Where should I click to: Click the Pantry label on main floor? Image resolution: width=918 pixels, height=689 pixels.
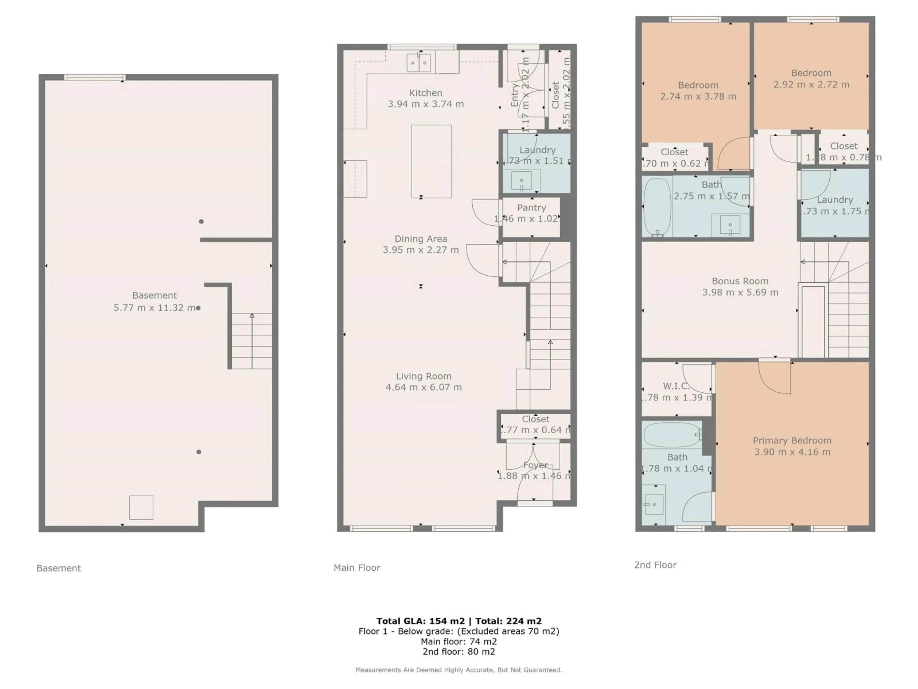pyautogui.click(x=531, y=208)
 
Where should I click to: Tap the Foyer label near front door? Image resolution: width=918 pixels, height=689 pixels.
pyautogui.click(x=535, y=465)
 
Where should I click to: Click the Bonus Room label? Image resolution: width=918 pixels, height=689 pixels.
pyautogui.click(x=740, y=281)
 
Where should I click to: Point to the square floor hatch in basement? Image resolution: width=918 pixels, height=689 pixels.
pyautogui.click(x=141, y=507)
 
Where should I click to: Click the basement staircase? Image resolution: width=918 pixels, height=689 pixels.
pyautogui.click(x=251, y=341)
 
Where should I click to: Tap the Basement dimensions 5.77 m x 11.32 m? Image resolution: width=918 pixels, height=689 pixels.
pyautogui.click(x=154, y=308)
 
